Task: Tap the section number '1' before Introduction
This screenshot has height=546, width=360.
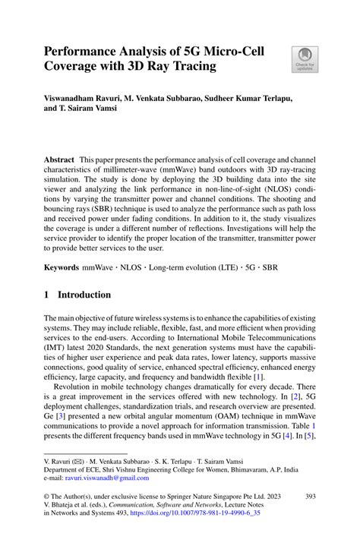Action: click(x=46, y=294)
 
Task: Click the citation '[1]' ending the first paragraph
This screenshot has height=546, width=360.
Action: click(x=258, y=376)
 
